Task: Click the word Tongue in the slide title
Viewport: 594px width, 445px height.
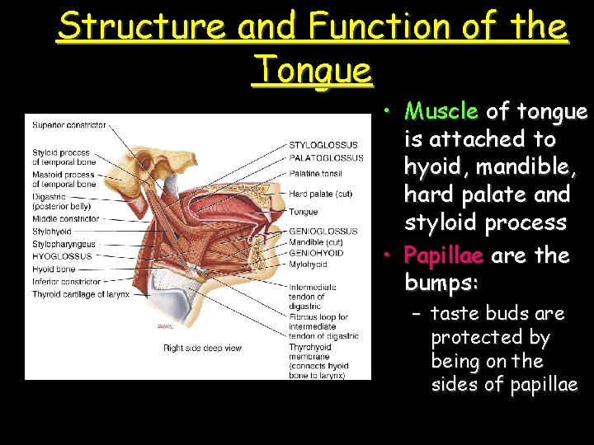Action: [313, 69]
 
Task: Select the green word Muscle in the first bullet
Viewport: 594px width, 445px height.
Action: [442, 111]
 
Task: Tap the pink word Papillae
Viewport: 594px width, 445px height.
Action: [445, 255]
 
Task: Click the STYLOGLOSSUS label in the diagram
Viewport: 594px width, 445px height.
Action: [323, 146]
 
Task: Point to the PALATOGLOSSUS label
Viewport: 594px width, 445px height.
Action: [326, 158]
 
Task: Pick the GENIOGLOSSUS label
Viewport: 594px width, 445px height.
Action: [323, 232]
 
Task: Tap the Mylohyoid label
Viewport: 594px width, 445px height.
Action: [309, 265]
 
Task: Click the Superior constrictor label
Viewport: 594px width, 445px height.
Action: [69, 125]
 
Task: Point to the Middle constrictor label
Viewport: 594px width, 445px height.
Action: [66, 219]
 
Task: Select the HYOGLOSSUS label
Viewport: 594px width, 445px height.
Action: [62, 257]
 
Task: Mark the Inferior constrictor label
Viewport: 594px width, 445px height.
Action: [67, 282]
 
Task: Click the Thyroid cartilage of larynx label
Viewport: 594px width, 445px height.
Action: [81, 294]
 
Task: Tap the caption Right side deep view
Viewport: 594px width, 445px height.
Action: [203, 348]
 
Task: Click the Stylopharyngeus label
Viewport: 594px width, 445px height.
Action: [64, 245]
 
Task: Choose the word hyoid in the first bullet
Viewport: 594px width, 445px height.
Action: [431, 166]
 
